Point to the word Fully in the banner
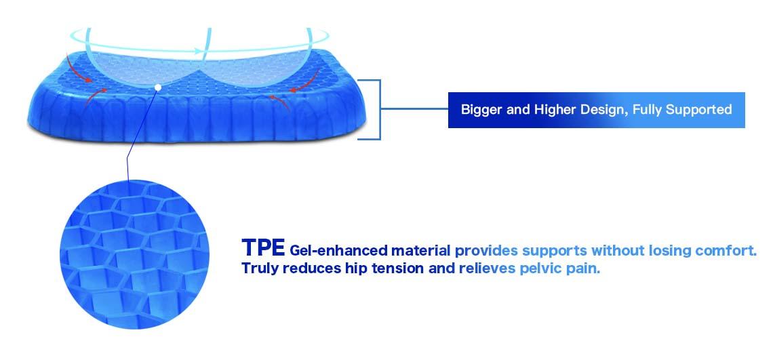[x=648, y=110]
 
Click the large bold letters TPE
[x=263, y=247]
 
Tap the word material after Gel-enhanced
[x=421, y=251]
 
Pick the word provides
[x=486, y=251]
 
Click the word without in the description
[x=617, y=251]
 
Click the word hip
[x=351, y=268]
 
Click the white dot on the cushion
[x=158, y=87]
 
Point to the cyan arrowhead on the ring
[x=198, y=51]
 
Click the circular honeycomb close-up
[x=134, y=254]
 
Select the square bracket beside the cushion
[x=380, y=109]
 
